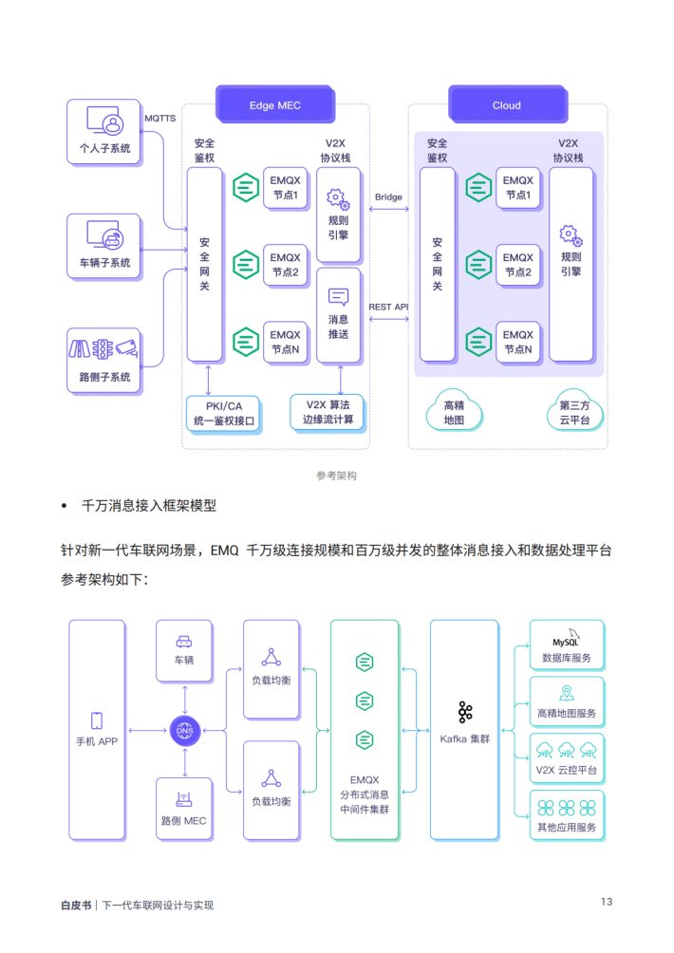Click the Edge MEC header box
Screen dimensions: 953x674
274,105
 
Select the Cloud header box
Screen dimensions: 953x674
506,105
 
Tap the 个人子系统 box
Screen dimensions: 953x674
104,133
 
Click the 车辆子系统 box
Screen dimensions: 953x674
104,246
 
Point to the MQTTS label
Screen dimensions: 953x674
159,119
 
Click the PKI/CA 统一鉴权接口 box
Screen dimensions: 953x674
224,413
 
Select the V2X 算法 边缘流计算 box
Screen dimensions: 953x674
327,412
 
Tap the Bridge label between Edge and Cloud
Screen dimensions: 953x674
388,197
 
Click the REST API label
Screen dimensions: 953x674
388,307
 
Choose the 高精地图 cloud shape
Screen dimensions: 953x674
454,411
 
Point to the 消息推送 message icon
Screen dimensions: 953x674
339,297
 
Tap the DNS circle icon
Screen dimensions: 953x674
184,731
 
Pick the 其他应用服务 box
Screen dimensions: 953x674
567,815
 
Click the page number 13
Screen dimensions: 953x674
606,902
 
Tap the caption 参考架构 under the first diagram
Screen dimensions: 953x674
336,476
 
